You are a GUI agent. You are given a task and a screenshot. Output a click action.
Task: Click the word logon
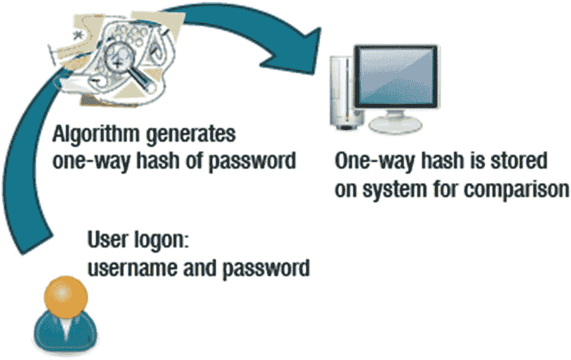click(161, 240)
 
